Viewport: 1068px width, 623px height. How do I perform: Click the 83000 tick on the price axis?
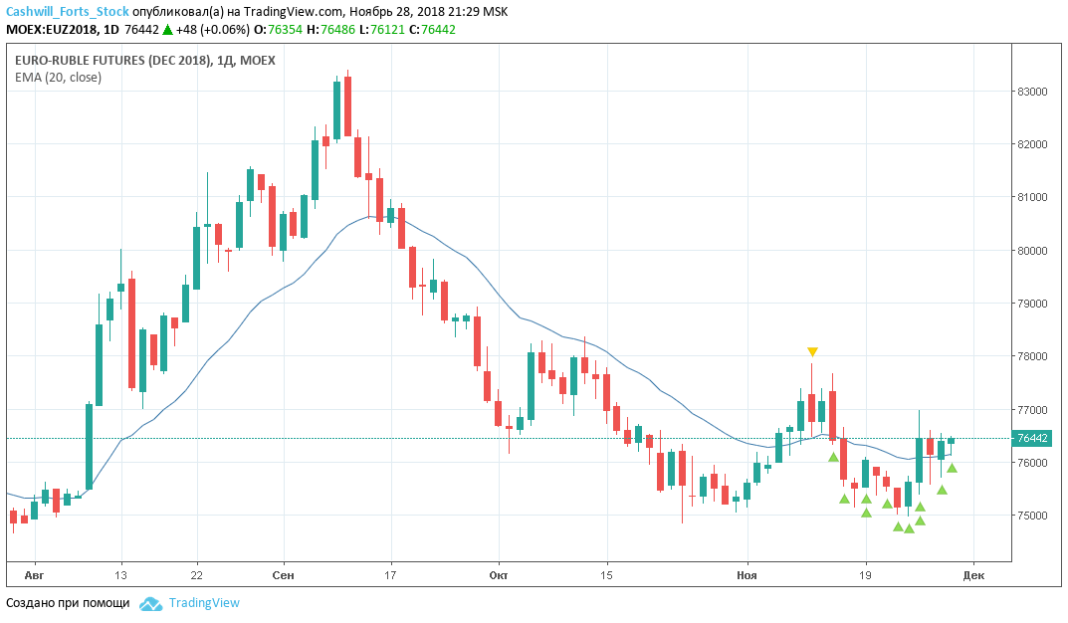pos(1033,92)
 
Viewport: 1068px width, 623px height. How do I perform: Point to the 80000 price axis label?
pos(1033,251)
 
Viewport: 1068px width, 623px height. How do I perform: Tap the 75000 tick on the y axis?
pos(1033,516)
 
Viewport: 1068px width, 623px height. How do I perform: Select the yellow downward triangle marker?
pos(813,351)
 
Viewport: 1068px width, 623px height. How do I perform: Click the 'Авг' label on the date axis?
pos(34,575)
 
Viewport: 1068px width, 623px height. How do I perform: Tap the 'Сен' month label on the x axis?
pos(283,575)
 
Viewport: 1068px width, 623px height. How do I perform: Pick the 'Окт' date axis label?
pos(499,575)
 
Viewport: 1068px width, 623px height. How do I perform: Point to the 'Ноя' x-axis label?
pos(747,575)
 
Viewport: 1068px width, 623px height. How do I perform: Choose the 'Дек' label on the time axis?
pos(973,575)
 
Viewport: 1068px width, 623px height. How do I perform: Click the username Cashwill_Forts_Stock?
pos(67,12)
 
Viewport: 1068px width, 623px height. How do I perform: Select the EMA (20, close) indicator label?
pos(58,78)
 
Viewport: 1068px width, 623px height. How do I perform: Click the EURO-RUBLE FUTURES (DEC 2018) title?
pos(112,61)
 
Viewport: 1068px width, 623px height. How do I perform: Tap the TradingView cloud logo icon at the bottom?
pos(150,603)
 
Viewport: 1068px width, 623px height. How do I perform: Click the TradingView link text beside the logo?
pos(204,603)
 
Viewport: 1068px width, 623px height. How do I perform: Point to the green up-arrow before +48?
pos(167,30)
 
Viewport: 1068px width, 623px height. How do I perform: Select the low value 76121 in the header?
pos(387,30)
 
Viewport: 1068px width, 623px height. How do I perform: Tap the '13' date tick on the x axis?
pos(121,575)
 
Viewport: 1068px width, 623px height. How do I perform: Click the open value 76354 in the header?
pos(284,30)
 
